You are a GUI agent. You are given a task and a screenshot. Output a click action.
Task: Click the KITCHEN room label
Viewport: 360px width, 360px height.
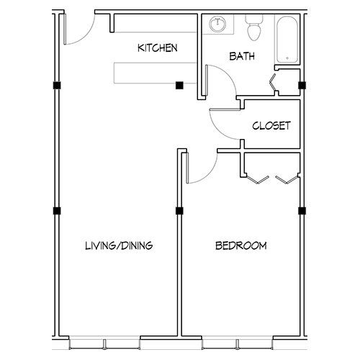point(157,48)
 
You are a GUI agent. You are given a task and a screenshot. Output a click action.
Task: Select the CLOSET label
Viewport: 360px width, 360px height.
point(271,125)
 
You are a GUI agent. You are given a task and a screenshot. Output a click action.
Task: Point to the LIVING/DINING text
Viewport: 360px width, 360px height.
point(119,246)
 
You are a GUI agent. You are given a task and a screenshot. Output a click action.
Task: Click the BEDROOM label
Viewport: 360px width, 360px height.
point(241,246)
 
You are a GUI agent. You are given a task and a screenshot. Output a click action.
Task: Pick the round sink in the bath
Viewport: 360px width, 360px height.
point(217,25)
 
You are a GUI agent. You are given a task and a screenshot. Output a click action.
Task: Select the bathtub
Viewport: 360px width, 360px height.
point(288,39)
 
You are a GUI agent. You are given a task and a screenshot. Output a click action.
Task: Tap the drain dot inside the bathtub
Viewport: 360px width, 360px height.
point(288,58)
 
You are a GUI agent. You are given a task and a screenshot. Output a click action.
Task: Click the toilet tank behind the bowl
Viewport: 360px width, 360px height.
point(253,19)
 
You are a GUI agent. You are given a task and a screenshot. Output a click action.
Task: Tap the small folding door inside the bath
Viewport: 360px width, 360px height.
point(274,83)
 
